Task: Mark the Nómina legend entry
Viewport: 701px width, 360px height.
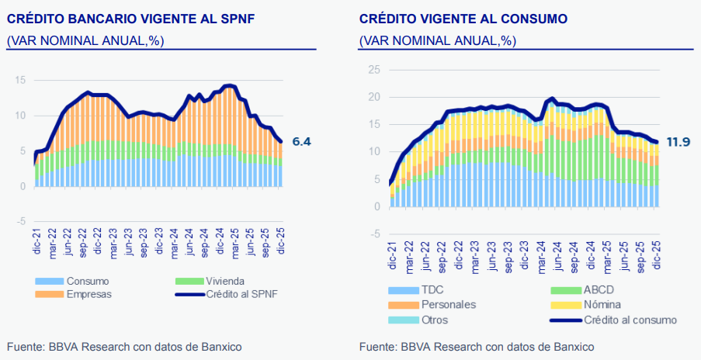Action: click(602, 305)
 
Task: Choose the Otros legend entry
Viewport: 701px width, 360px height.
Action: click(435, 320)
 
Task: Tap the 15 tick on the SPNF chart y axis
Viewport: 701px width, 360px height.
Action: click(20, 80)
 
